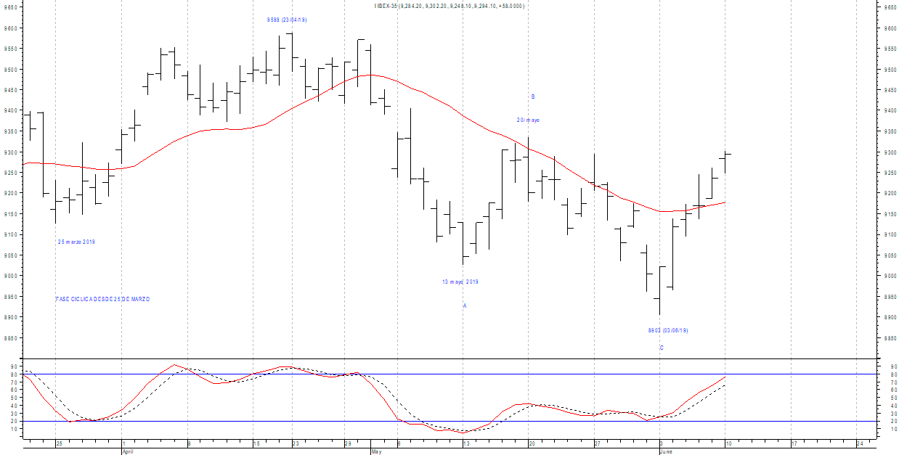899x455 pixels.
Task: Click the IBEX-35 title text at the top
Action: pos(449,6)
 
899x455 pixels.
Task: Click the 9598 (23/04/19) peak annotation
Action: pos(287,20)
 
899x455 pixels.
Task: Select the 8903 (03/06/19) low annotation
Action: pos(667,330)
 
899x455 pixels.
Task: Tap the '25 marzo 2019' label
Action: pos(76,242)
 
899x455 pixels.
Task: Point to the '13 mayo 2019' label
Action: pos(460,282)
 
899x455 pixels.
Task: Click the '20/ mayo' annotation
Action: pos(528,120)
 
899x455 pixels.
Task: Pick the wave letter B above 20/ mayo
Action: pos(533,97)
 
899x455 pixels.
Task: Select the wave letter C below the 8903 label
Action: pos(662,348)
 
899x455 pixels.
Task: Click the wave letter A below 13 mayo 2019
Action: pos(465,306)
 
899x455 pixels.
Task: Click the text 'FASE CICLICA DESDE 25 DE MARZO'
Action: pos(102,299)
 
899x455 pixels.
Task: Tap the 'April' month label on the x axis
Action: pos(128,451)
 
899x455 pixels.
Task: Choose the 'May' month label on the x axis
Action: pos(376,451)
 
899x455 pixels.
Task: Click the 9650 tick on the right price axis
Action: pos(890,7)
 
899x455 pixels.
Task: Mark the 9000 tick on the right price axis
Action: pos(890,276)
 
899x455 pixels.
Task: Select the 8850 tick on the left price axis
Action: pos(9,338)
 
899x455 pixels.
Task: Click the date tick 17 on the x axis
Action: pos(794,443)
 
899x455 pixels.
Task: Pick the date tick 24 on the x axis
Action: pos(860,443)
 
